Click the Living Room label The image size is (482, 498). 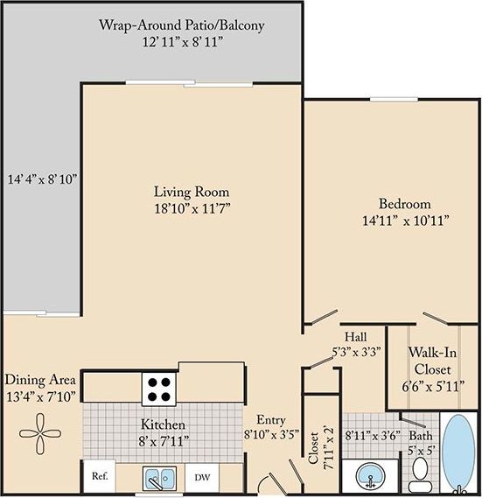pos(179,192)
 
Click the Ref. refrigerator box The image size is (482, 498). pos(98,478)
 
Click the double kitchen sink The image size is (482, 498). pos(159,479)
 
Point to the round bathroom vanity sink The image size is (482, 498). pos(370,479)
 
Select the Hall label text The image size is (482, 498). pos(355,336)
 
